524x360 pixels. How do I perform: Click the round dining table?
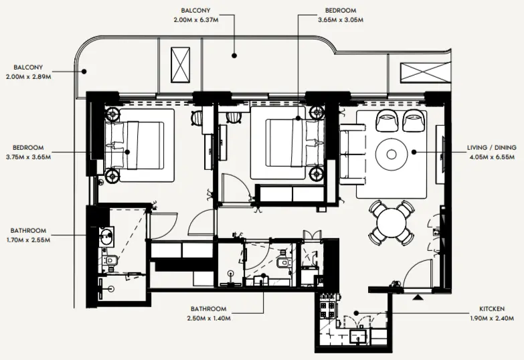coord(391,221)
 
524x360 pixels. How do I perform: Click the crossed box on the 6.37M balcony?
coord(181,64)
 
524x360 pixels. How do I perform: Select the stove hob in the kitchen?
coord(327,308)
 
